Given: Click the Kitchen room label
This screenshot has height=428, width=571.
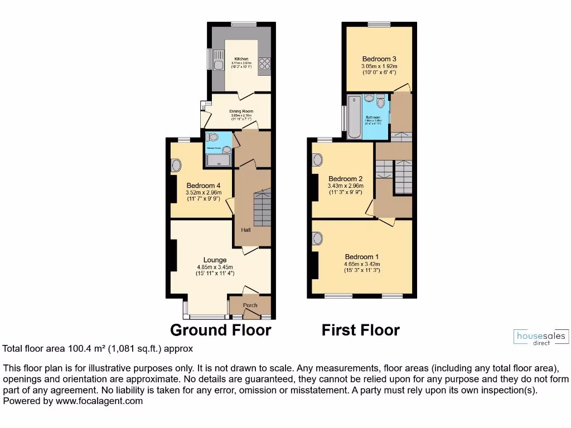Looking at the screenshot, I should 241,59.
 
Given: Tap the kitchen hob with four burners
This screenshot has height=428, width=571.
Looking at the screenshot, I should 264,64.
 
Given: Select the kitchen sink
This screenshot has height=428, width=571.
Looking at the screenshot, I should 217,65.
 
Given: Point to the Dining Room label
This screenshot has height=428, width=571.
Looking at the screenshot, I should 241,110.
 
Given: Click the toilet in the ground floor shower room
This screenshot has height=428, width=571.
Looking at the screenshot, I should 212,137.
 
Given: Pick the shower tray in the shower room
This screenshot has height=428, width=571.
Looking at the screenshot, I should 219,159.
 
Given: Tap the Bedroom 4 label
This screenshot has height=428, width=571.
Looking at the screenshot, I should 204,186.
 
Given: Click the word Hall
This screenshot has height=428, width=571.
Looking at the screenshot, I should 245,230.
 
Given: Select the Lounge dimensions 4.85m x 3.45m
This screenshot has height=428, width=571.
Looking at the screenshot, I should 215,267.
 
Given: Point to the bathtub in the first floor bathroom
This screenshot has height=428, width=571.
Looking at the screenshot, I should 354,117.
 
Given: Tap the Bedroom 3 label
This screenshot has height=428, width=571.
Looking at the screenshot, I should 379,59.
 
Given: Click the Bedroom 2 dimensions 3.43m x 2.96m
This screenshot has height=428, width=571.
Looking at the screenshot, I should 346,186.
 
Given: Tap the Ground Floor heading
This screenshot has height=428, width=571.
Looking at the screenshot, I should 220,330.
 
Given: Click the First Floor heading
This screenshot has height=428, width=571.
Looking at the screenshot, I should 360,330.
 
